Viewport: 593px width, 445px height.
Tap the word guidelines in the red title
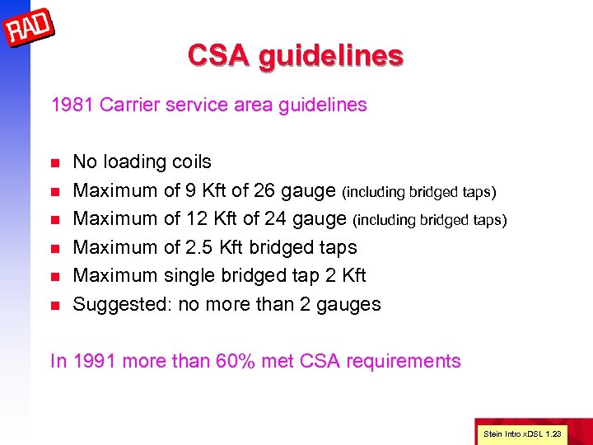click(x=330, y=55)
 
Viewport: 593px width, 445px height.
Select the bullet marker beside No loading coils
click(x=56, y=162)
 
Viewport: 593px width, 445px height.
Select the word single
click(x=189, y=275)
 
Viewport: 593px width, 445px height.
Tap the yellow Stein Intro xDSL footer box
click(x=522, y=433)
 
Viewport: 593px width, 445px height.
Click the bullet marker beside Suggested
click(x=56, y=305)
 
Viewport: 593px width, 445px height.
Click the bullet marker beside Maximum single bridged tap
click(x=56, y=276)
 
